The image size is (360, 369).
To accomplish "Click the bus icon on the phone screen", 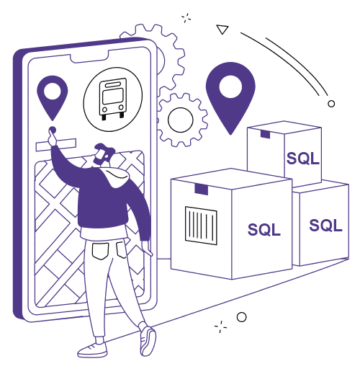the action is [113, 99].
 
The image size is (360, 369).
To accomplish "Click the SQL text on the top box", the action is [303, 159].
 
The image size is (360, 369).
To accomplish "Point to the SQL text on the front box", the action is [264, 229].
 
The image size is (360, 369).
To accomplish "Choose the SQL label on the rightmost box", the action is [325, 226].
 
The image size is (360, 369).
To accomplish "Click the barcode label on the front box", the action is [201, 226].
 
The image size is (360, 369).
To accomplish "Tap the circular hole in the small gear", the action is [181, 120].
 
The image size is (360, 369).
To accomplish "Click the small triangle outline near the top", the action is [222, 30].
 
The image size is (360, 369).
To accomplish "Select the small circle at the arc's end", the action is [331, 104].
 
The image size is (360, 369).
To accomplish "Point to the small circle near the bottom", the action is [241, 317].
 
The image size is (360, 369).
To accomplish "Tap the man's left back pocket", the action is [100, 251].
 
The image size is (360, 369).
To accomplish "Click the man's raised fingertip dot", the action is [53, 130].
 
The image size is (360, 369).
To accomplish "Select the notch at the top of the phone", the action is [89, 57].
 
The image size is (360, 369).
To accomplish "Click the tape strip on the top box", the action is [265, 135].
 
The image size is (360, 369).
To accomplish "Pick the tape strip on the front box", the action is [202, 189].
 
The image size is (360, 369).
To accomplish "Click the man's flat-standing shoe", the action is [92, 350].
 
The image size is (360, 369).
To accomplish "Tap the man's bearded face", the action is [102, 156].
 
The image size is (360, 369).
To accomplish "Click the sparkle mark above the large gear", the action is [186, 18].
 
